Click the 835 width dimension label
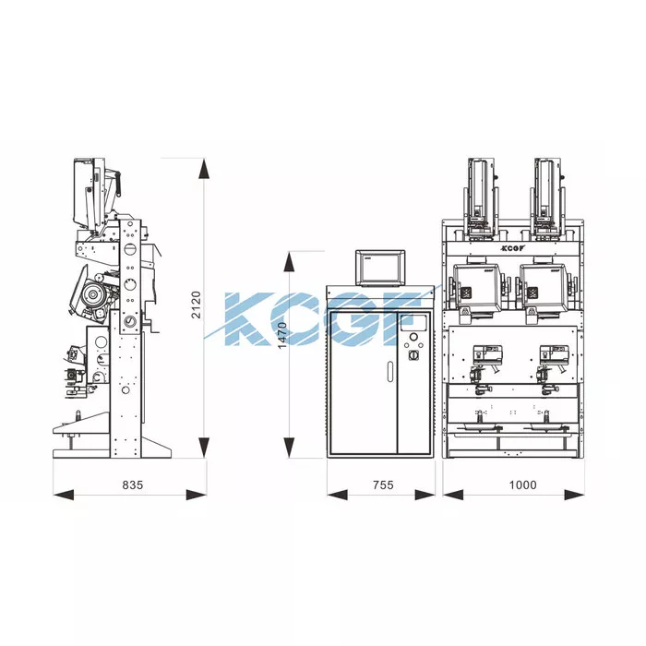(x=133, y=484)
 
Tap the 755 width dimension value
(x=383, y=484)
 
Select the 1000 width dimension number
(x=523, y=484)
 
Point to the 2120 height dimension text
(x=196, y=305)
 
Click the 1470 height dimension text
(x=282, y=335)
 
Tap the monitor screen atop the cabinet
(x=380, y=268)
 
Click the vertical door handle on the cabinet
(x=390, y=371)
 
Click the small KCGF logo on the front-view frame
(x=513, y=248)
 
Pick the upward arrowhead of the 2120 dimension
(x=204, y=169)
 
